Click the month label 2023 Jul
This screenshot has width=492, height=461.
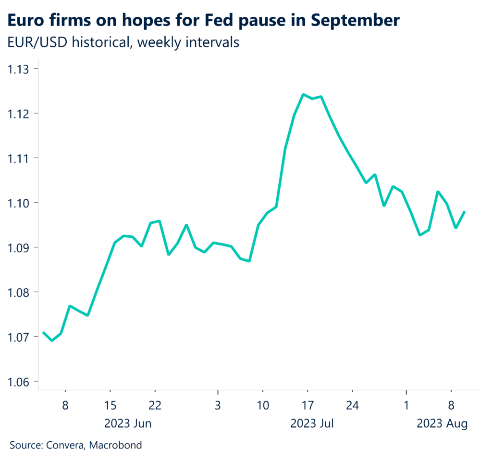point(312,424)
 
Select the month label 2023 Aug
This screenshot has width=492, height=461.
point(442,424)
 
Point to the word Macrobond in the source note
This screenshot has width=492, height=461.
point(119,446)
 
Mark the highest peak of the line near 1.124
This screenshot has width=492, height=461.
point(303,94)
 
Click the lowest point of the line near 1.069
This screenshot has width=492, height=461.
point(52,340)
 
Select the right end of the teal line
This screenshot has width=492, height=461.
point(465,212)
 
